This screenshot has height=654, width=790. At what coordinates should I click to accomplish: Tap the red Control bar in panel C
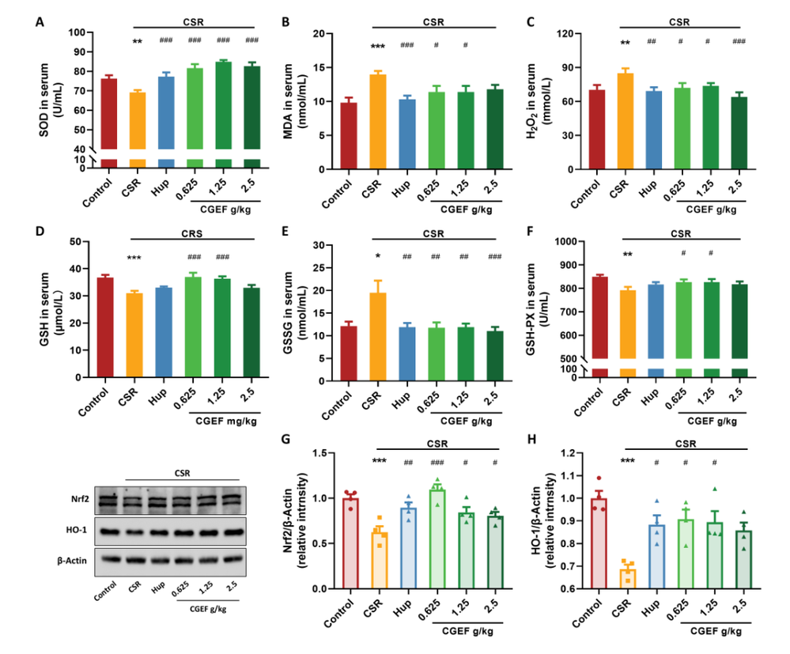point(597,130)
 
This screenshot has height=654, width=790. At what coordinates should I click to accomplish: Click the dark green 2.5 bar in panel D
point(251,332)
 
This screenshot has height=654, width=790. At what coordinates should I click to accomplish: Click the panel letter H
point(529,440)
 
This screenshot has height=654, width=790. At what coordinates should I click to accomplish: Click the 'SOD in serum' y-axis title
point(48,90)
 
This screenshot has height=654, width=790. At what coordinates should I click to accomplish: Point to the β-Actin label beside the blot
point(77,559)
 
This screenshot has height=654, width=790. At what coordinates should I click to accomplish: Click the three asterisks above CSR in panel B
point(378,47)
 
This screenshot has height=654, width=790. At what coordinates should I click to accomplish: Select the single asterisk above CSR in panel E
point(378,256)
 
